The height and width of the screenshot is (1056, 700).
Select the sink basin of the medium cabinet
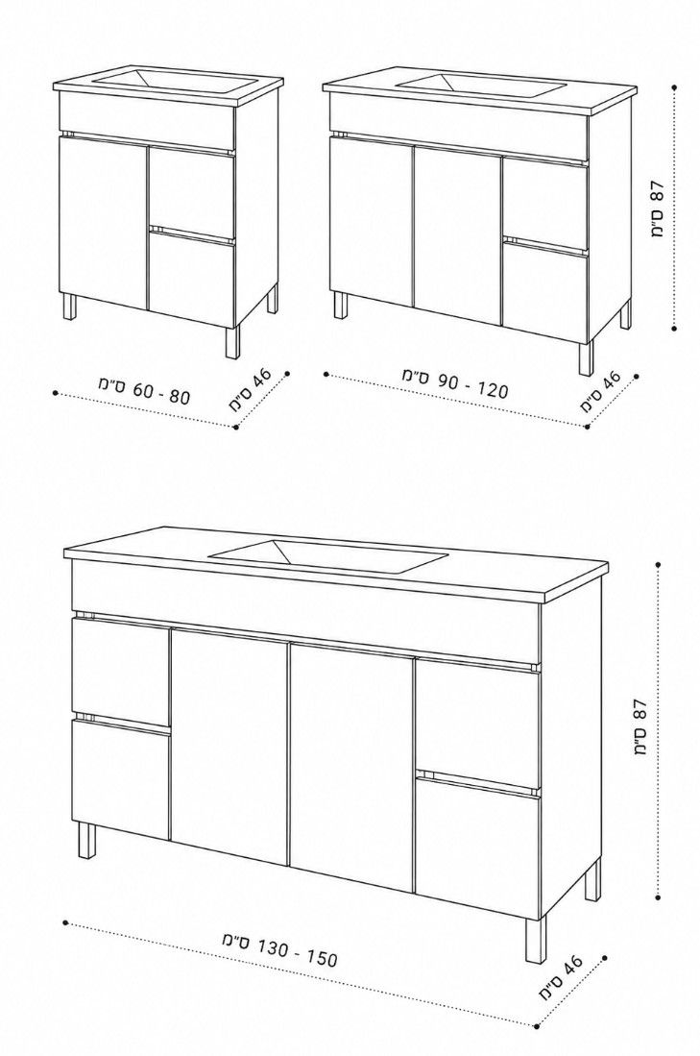click(480, 85)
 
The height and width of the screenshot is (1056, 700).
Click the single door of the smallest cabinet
click(103, 222)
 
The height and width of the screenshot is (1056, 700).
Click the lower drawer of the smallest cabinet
click(192, 278)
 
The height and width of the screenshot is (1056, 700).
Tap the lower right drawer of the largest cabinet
click(478, 847)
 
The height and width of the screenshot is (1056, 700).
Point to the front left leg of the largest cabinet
click(87, 841)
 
